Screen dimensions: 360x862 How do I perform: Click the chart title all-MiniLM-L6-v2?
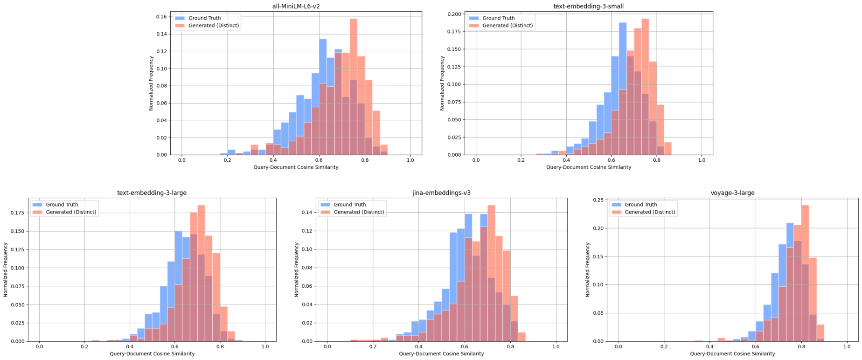(296, 7)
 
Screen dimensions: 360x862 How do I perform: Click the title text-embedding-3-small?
(588, 7)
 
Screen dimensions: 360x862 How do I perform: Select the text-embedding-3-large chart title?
(152, 193)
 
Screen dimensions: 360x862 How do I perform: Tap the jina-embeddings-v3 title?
(441, 193)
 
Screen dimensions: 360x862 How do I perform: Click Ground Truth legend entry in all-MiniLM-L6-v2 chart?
(204, 18)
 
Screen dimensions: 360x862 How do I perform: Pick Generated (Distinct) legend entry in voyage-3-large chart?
(650, 212)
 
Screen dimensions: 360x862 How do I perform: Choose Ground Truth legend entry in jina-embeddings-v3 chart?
(349, 205)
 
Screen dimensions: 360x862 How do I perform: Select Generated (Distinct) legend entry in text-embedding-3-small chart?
(507, 26)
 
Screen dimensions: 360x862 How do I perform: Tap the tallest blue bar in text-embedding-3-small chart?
(623, 89)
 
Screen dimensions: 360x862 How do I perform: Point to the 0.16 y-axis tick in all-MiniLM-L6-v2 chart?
(161, 17)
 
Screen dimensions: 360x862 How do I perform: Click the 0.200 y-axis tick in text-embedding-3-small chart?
(453, 14)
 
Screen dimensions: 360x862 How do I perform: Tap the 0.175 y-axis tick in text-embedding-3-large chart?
(18, 213)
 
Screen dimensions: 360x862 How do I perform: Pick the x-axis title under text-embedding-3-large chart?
(152, 354)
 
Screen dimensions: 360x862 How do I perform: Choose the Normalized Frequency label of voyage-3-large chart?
(588, 270)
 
